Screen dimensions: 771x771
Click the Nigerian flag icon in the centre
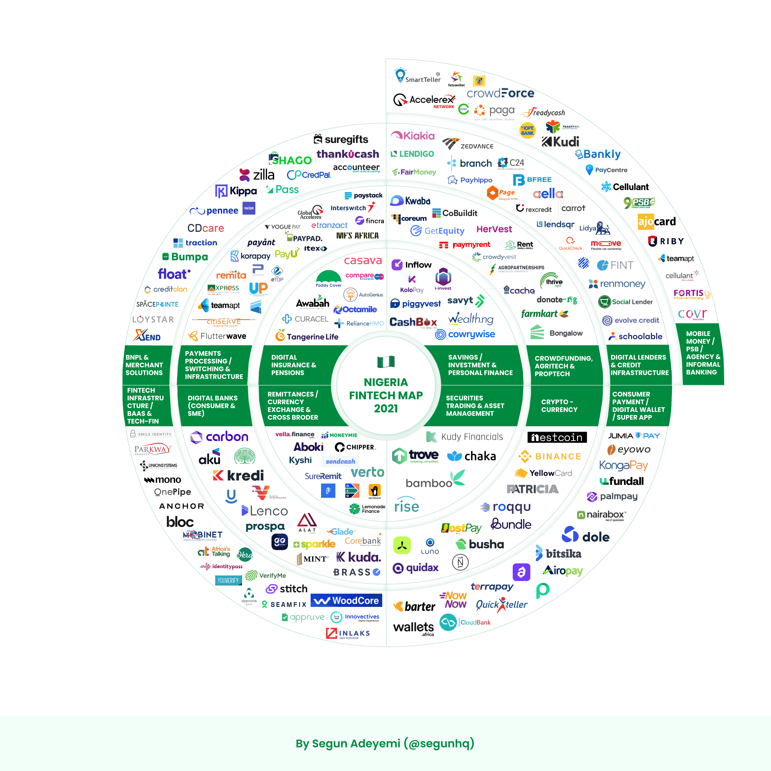[386, 362]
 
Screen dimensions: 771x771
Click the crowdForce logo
[500, 93]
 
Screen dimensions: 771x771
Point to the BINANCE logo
[550, 456]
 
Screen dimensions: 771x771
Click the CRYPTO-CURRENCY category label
[559, 405]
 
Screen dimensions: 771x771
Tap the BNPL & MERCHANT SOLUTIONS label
[144, 365]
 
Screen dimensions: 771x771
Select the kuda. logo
[358, 557]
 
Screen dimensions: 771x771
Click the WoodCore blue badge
[346, 600]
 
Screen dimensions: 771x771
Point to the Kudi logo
[560, 142]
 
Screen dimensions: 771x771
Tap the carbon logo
[219, 437]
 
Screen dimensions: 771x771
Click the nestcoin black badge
[557, 437]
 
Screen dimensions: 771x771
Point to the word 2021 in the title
[386, 408]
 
